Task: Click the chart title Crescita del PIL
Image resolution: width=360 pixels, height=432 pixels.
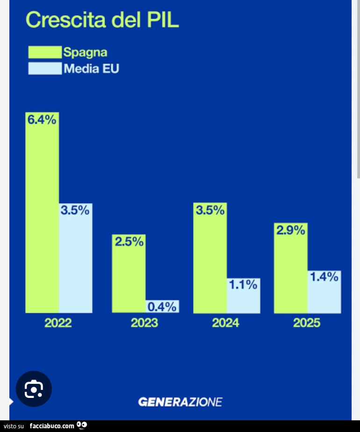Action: click(x=102, y=20)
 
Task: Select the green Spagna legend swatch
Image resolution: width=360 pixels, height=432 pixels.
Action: click(x=45, y=52)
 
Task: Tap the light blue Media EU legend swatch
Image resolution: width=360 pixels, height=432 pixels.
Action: click(x=45, y=69)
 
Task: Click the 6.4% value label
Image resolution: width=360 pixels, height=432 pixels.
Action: click(x=42, y=120)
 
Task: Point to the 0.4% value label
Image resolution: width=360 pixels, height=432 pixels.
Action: click(x=162, y=307)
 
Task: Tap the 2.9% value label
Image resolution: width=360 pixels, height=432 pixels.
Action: click(x=290, y=230)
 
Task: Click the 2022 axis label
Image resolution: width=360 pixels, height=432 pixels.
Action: click(x=58, y=323)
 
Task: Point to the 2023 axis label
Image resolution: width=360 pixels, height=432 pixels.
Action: click(x=144, y=323)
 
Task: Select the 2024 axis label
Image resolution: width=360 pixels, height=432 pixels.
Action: click(x=225, y=323)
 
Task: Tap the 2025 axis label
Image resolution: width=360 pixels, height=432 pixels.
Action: click(x=307, y=323)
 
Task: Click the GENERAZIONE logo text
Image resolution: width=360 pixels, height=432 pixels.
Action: click(x=180, y=402)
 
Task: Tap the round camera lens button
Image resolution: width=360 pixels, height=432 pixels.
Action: click(x=34, y=389)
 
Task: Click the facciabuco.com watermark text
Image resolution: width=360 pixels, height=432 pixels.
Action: click(x=52, y=426)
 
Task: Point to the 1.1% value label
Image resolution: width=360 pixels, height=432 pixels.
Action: click(x=243, y=284)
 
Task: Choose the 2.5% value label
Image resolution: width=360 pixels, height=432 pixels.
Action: click(x=129, y=241)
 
